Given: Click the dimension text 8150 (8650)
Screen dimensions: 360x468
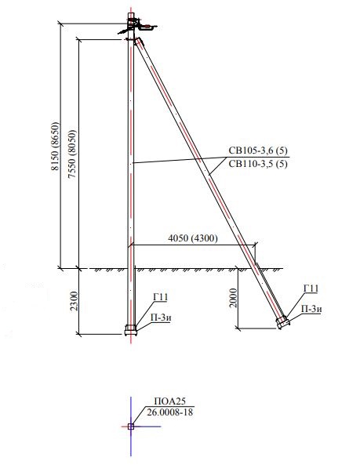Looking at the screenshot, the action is pos(55,146).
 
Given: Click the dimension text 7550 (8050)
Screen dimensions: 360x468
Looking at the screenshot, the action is pos(72,154).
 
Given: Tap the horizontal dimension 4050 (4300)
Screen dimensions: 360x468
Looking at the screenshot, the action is pos(193,238).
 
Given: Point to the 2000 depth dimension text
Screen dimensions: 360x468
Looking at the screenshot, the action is pos(234,298).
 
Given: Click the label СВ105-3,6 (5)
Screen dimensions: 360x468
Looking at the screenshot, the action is pos(258,150).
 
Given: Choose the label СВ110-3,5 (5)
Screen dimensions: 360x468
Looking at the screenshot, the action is pos(258,164).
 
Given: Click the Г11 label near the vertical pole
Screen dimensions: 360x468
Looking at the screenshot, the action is pos(160,297).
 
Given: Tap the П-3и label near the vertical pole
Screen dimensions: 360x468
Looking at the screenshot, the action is pos(161,317).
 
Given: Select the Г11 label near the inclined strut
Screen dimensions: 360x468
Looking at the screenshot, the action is pos(311,288).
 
